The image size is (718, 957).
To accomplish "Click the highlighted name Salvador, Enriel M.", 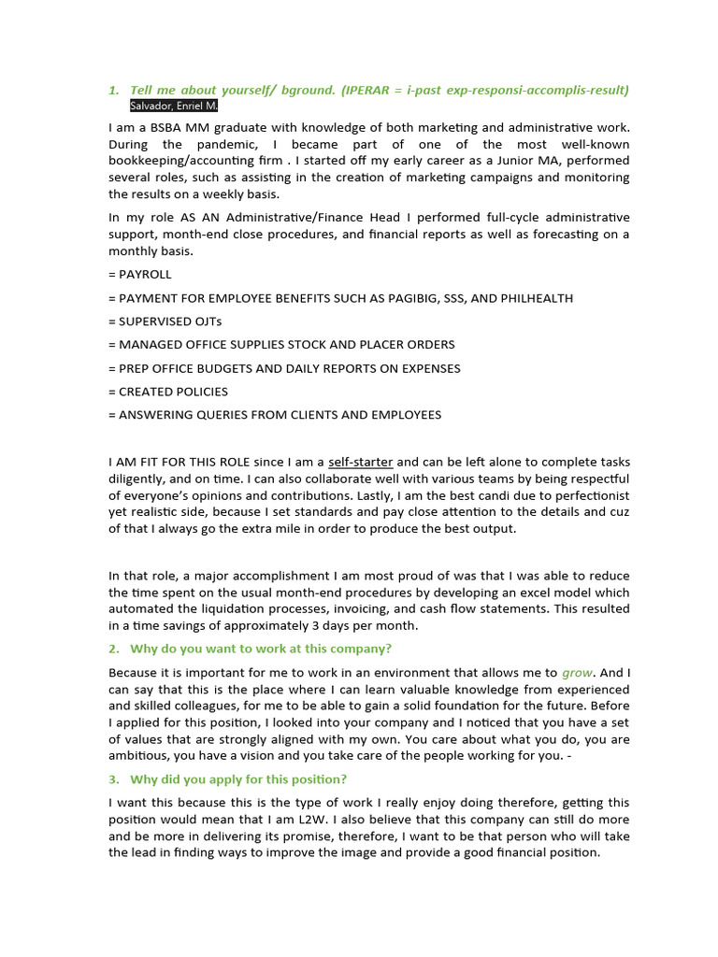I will click(174, 107).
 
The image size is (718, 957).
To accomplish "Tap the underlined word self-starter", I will click(361, 462).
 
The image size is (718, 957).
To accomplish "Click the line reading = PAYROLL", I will click(140, 275).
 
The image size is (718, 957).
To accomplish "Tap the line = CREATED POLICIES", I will click(168, 392).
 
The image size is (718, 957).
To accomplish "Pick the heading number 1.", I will click(113, 90).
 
